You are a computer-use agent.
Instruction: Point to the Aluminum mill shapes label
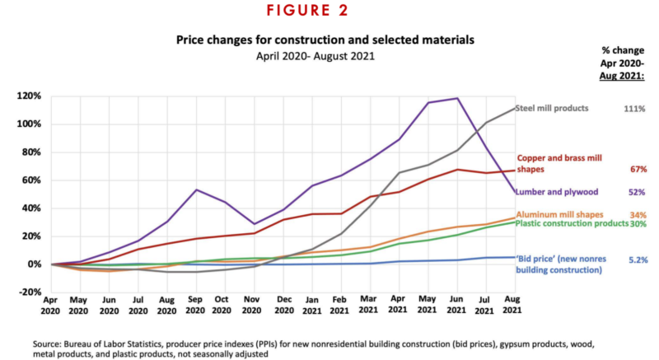(x=555, y=214)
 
